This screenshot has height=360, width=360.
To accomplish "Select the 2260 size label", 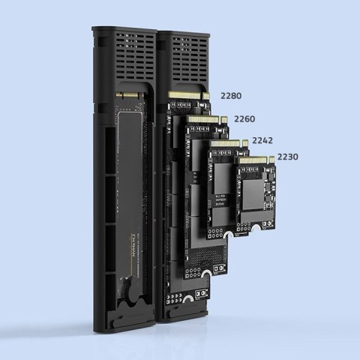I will click(244, 118).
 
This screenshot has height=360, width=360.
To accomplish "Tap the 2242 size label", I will click(262, 140).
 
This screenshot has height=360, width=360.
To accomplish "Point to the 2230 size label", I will click(287, 157).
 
